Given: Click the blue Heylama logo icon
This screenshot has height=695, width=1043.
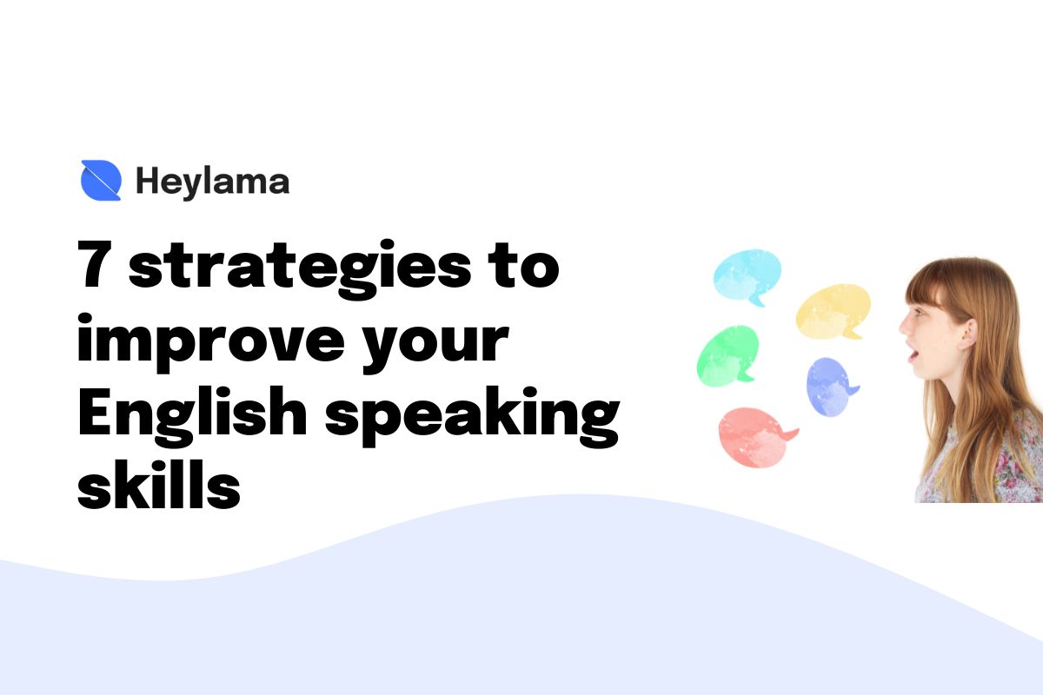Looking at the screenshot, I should tap(101, 181).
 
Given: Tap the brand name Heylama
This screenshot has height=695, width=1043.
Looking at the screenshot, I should tap(212, 182).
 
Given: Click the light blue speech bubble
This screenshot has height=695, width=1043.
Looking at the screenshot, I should tap(747, 276).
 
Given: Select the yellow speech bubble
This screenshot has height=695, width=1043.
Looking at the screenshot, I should tap(833, 311).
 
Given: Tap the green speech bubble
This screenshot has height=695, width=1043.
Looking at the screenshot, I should tap(728, 355).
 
